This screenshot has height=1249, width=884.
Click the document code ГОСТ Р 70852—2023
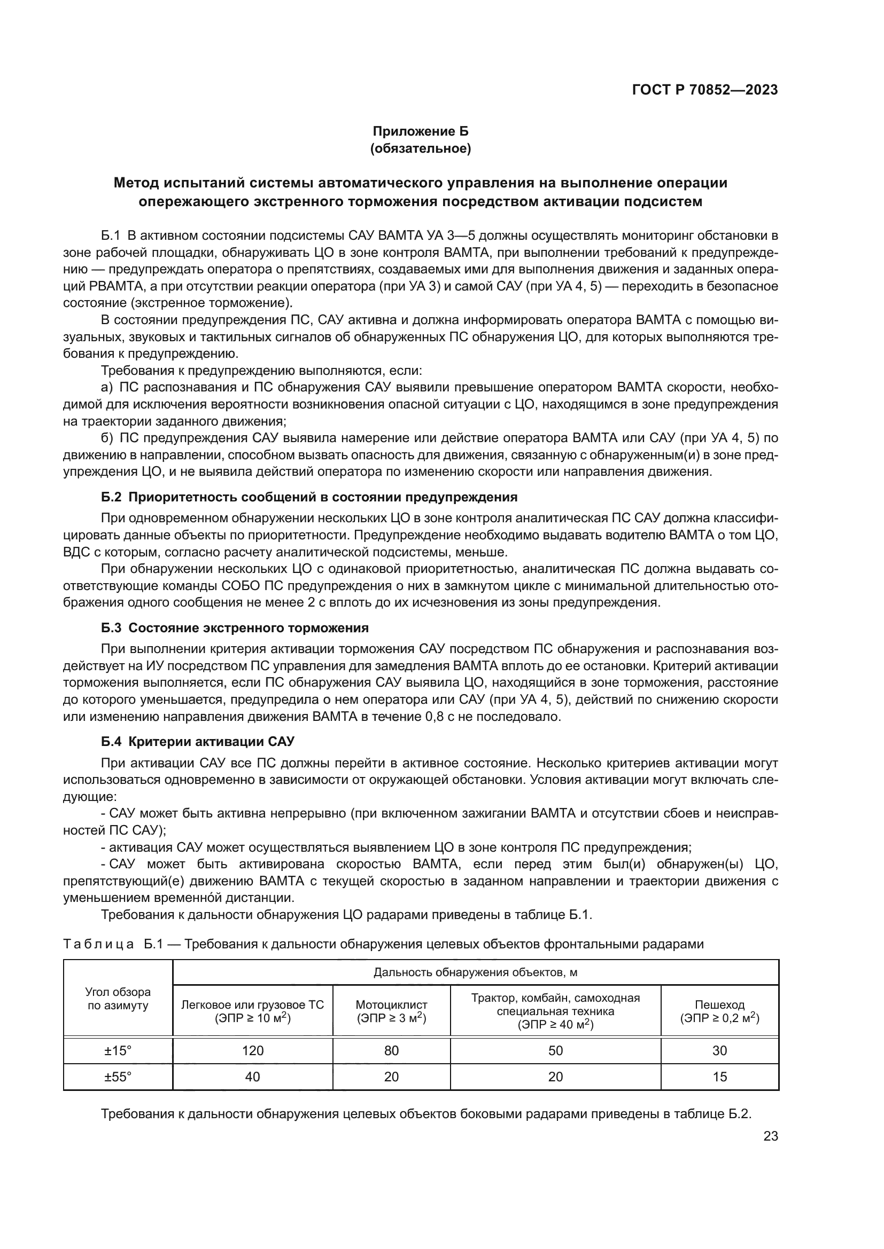click(x=704, y=90)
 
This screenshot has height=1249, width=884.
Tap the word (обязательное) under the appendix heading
click(x=420, y=148)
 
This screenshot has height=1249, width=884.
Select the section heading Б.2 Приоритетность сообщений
click(x=308, y=497)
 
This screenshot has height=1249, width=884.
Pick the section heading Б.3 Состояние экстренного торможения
click(x=235, y=628)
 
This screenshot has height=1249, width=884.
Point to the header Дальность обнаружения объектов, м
click(x=475, y=972)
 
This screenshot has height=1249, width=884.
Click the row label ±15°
click(x=118, y=1050)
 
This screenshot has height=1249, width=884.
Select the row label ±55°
click(x=118, y=1077)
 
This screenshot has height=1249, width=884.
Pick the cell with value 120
click(x=253, y=1050)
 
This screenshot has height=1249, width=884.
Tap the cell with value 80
click(x=391, y=1050)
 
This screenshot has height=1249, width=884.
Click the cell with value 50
click(x=555, y=1050)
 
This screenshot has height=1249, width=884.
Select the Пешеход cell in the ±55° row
click(x=719, y=1077)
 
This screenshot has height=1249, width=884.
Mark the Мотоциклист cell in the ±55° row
click(x=391, y=1077)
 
